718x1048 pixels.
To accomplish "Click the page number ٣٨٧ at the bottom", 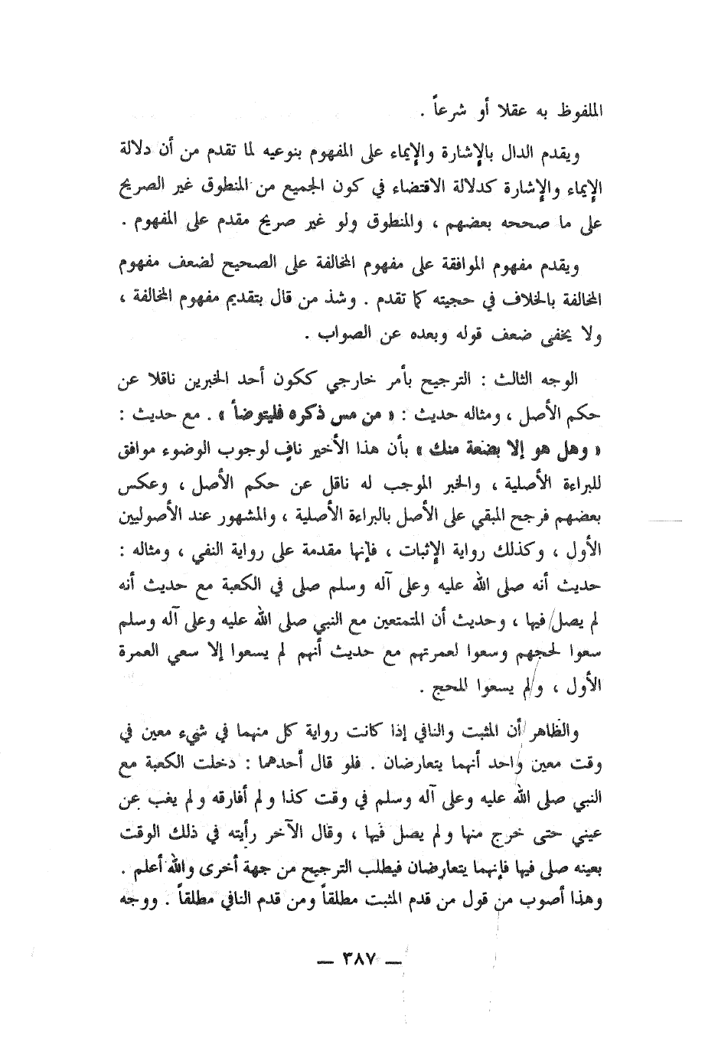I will (x=359, y=959).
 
